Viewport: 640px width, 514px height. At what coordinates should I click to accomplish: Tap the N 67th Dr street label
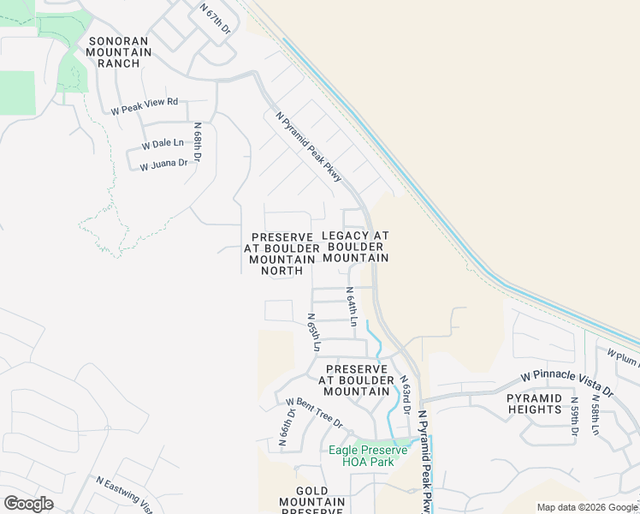coord(215,18)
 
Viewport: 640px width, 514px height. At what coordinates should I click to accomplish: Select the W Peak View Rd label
coord(144,106)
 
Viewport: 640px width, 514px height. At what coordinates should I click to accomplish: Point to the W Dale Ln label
coord(163,143)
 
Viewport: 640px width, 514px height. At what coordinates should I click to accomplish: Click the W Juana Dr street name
coord(163,163)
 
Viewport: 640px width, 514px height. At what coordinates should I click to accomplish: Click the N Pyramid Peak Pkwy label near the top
coord(309,146)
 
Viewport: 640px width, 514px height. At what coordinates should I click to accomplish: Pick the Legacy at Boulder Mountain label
coord(356,247)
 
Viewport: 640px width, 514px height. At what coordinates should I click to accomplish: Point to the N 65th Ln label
coord(313,333)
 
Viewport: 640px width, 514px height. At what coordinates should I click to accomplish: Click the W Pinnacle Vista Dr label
coord(568,384)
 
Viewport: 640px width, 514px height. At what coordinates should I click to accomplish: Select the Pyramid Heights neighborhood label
coord(534,403)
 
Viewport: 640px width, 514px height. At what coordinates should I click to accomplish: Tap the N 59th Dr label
coord(574,416)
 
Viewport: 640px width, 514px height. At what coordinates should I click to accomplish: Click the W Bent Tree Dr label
coord(314,413)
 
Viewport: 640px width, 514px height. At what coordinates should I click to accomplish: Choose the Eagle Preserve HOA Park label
coord(362,456)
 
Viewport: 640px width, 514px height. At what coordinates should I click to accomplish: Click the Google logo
coord(28,504)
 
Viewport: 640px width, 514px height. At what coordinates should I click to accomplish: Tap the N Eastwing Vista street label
coord(125,495)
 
